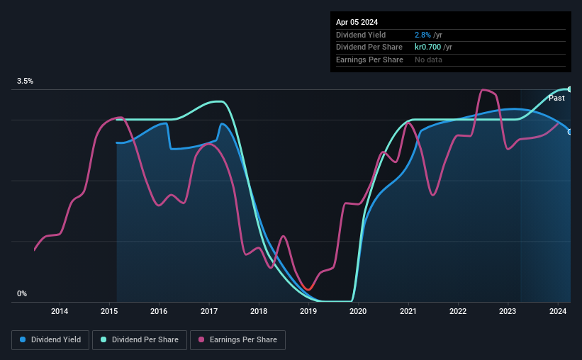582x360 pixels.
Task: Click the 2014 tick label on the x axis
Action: click(60, 311)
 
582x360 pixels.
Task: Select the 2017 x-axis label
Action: click(209, 311)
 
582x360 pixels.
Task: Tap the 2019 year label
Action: click(308, 311)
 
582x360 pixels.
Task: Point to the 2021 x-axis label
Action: click(408, 311)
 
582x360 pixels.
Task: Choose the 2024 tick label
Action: click(558, 311)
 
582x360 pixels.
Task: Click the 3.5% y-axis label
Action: click(26, 81)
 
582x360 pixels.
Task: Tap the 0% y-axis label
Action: click(22, 293)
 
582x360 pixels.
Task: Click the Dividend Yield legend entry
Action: click(50, 340)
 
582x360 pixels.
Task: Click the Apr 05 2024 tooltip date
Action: click(357, 22)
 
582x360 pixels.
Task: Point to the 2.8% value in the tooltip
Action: click(422, 35)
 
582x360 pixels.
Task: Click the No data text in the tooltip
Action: click(429, 60)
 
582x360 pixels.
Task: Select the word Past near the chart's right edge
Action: click(556, 98)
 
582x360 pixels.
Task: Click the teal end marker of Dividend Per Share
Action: click(569, 89)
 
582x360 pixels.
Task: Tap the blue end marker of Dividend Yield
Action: click(569, 132)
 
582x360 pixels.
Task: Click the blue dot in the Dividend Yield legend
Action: click(23, 340)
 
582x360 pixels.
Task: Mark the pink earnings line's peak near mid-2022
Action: click(483, 90)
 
